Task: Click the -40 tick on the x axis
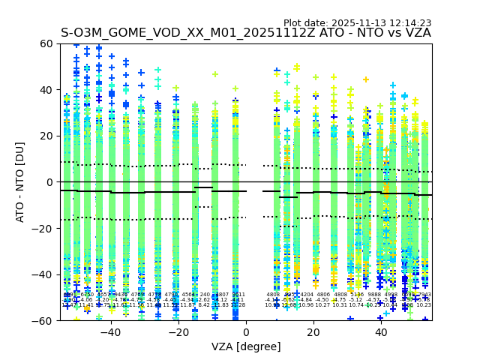tap(110, 321)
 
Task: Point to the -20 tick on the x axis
tap(178, 321)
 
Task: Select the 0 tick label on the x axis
tap(246, 331)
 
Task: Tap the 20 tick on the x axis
tap(313, 321)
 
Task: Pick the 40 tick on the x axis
tap(381, 321)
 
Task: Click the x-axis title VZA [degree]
tap(246, 346)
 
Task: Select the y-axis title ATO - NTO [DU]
tap(21, 182)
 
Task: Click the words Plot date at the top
tap(305, 23)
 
